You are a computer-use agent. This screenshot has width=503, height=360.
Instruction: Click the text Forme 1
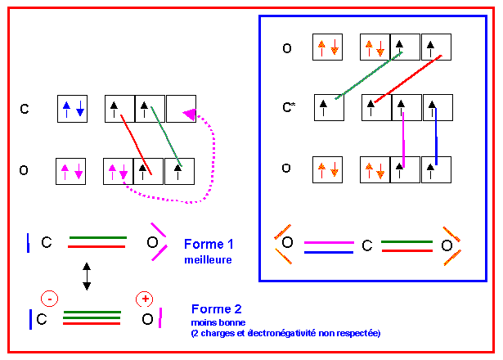pos(209,244)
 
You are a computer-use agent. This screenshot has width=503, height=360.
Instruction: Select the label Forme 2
pos(217,308)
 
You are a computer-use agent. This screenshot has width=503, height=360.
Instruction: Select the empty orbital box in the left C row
pos(180,109)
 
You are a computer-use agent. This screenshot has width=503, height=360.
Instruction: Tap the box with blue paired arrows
pos(72,109)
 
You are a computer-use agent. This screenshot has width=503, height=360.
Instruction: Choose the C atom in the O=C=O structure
pos(367,245)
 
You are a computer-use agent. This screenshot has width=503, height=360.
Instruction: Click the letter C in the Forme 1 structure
pos(47,243)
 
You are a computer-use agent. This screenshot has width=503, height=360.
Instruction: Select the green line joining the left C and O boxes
pos(166,138)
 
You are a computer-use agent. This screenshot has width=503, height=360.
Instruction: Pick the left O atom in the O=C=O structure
pos(287,244)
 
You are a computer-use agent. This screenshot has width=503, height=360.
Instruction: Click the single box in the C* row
pos(328,107)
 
